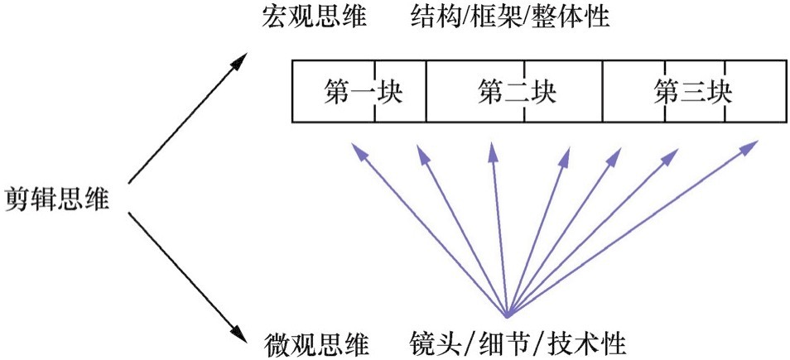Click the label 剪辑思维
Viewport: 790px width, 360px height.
56,199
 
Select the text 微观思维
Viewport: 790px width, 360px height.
314,342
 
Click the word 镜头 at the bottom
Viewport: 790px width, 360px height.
437,342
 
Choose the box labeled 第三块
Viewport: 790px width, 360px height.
693,91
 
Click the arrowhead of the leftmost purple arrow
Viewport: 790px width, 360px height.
355,148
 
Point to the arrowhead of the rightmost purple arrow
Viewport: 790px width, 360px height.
751,146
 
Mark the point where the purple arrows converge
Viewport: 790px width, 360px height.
507,315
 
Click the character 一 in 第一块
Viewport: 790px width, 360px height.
364,91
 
